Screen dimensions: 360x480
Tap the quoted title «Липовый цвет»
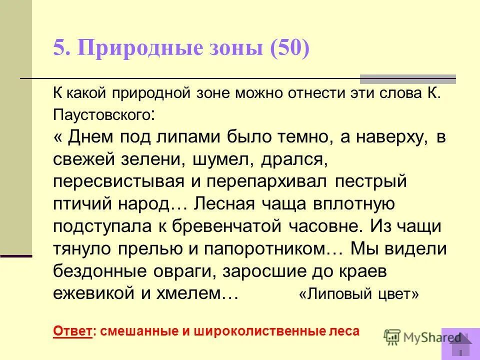(358, 294)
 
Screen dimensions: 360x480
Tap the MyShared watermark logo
(422, 337)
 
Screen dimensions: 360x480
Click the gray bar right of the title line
(408, 78)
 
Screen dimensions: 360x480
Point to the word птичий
(80, 203)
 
